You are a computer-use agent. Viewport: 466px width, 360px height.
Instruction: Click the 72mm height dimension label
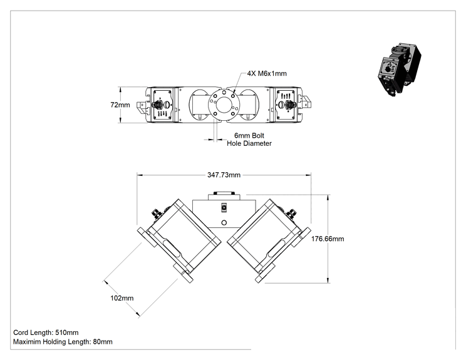click(120, 105)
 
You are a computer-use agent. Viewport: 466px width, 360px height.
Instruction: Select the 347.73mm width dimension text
click(224, 175)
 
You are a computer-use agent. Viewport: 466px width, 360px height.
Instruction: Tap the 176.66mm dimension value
click(328, 239)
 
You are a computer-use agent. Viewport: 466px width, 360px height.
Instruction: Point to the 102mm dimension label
click(122, 298)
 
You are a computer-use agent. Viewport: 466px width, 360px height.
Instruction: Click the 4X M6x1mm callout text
click(267, 74)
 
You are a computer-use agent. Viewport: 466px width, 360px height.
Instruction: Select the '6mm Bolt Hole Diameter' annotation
click(249, 140)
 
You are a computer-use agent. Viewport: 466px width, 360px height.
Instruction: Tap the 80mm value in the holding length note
click(103, 342)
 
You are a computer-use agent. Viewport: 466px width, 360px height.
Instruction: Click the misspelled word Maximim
click(27, 342)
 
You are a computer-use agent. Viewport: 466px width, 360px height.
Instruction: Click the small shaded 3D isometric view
click(399, 70)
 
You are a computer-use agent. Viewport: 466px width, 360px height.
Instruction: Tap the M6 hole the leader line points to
click(233, 96)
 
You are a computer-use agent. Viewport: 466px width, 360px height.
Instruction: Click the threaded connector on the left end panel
click(157, 105)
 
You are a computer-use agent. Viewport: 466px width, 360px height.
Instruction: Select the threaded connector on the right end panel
click(289, 105)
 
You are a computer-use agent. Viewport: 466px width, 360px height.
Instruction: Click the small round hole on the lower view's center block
click(224, 222)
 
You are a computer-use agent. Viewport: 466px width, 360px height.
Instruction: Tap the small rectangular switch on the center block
click(224, 207)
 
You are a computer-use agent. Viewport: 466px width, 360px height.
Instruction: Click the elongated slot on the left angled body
click(172, 249)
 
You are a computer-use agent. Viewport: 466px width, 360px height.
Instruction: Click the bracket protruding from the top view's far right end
click(306, 102)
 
